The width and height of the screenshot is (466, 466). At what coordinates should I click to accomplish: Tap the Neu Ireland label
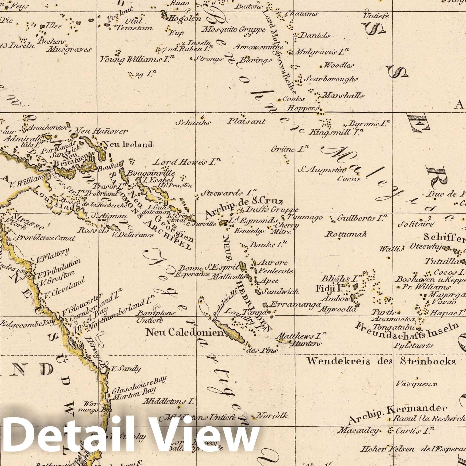pyautogui.click(x=128, y=144)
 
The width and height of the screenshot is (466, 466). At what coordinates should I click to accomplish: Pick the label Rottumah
pyautogui.click(x=346, y=234)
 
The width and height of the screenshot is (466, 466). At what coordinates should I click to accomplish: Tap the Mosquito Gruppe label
pyautogui.click(x=234, y=29)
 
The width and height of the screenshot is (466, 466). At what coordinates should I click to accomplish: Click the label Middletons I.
pyautogui.click(x=168, y=401)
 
